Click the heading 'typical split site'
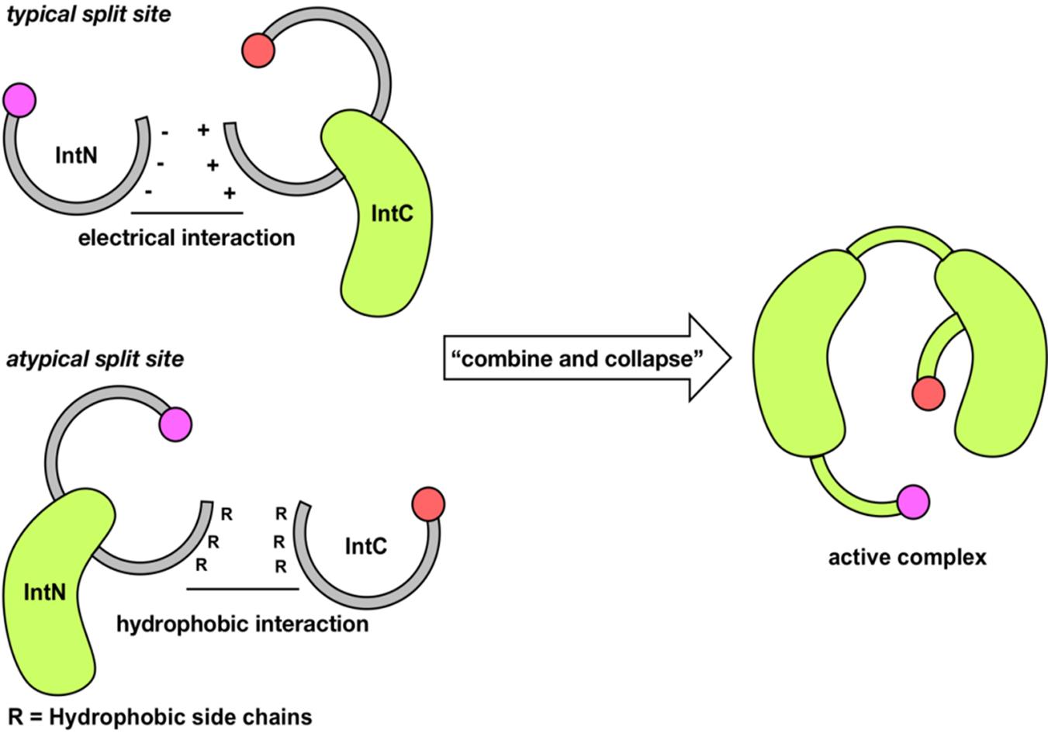coord(88,13)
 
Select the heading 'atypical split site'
coord(95,359)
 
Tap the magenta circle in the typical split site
coord(19,100)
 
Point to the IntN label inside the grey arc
coord(77,155)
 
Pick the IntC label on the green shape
coord(392,213)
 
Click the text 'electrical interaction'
coord(186,237)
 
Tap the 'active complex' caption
coord(907,557)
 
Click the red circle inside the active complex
coord(928,393)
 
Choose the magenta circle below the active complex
coord(913,502)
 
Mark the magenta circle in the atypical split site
coord(175,424)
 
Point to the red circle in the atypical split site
coord(428,504)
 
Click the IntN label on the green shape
coord(45,593)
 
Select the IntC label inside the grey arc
coord(365,547)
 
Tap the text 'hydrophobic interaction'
coord(242,624)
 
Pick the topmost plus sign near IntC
coord(203,130)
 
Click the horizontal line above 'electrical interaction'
coord(187,213)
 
